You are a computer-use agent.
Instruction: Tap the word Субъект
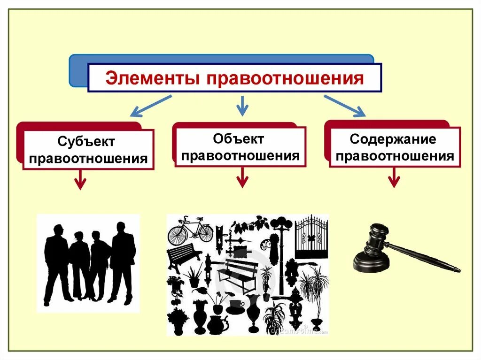(x=86, y=141)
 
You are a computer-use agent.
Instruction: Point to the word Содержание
(x=393, y=139)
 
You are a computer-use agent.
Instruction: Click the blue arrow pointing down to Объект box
(x=242, y=106)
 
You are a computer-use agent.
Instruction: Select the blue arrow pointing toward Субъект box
(x=150, y=106)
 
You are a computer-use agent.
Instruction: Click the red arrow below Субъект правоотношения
(x=81, y=179)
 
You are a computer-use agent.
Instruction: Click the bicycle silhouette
(x=190, y=230)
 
